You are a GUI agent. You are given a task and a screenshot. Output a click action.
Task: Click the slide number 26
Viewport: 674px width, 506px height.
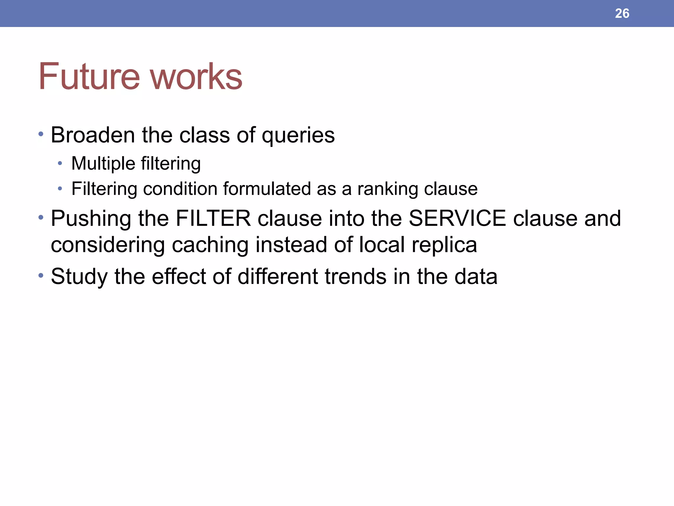pyautogui.click(x=622, y=14)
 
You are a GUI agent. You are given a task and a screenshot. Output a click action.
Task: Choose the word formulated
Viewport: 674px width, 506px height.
pyautogui.click(x=266, y=189)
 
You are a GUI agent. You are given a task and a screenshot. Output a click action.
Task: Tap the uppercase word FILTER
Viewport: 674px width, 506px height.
pyautogui.click(x=213, y=218)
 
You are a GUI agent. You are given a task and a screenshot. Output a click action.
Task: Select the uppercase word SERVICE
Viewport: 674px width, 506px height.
pyautogui.click(x=457, y=218)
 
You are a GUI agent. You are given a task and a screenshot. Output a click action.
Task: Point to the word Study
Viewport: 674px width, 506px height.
pyautogui.click(x=79, y=277)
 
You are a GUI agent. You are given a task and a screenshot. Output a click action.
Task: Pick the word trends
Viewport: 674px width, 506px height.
pyautogui.click(x=355, y=276)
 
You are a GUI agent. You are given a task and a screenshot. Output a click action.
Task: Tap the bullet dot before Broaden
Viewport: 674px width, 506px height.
pyautogui.click(x=40, y=134)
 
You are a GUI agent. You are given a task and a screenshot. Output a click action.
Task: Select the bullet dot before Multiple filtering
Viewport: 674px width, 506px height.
pyautogui.click(x=60, y=163)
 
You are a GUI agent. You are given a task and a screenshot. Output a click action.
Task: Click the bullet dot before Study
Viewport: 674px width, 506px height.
pyautogui.click(x=40, y=275)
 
